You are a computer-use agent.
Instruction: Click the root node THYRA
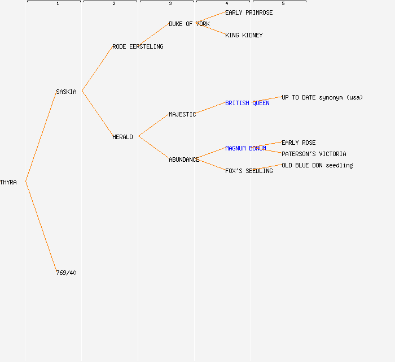(8, 182)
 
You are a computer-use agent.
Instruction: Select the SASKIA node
(66, 92)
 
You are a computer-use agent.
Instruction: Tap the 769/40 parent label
(66, 273)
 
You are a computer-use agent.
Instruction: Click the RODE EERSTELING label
(138, 46)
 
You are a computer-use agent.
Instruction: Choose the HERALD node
(122, 137)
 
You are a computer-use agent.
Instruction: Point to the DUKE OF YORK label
(189, 24)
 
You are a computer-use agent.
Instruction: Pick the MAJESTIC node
(182, 114)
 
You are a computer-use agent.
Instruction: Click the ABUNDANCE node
(184, 160)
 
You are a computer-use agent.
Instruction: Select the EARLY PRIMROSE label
(249, 12)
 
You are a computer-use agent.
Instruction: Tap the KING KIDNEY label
(244, 35)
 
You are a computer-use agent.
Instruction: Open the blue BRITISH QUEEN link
(247, 103)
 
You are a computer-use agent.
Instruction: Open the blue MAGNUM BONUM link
(245, 148)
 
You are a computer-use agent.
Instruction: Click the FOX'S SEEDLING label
(249, 171)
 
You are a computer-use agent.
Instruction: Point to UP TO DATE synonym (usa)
(322, 97)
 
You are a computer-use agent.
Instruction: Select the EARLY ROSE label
(299, 143)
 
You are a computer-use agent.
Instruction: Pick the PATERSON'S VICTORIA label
(314, 154)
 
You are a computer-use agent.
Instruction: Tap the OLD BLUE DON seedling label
(317, 165)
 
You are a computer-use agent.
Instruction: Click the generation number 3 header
(170, 4)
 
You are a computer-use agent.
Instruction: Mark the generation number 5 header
(283, 4)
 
